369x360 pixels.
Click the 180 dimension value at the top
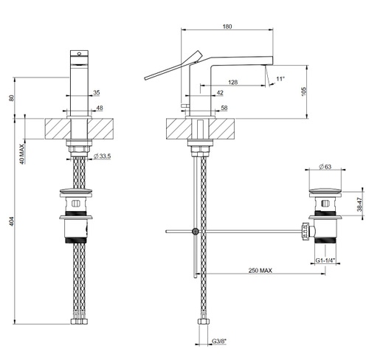227,27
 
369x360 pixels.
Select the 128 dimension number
232,82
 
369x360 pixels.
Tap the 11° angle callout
280,79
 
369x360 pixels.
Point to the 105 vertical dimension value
304,91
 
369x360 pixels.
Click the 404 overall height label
12,221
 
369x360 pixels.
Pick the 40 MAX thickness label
22,154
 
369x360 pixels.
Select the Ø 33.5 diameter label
102,156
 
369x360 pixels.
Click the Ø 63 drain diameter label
325,167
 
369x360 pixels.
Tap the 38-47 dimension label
359,204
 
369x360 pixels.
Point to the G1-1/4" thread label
325,260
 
